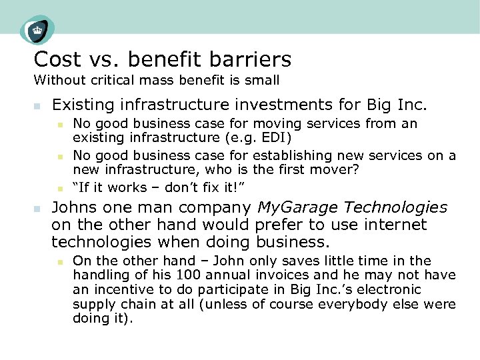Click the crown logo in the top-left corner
pos(37,30)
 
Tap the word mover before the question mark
pos(338,169)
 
